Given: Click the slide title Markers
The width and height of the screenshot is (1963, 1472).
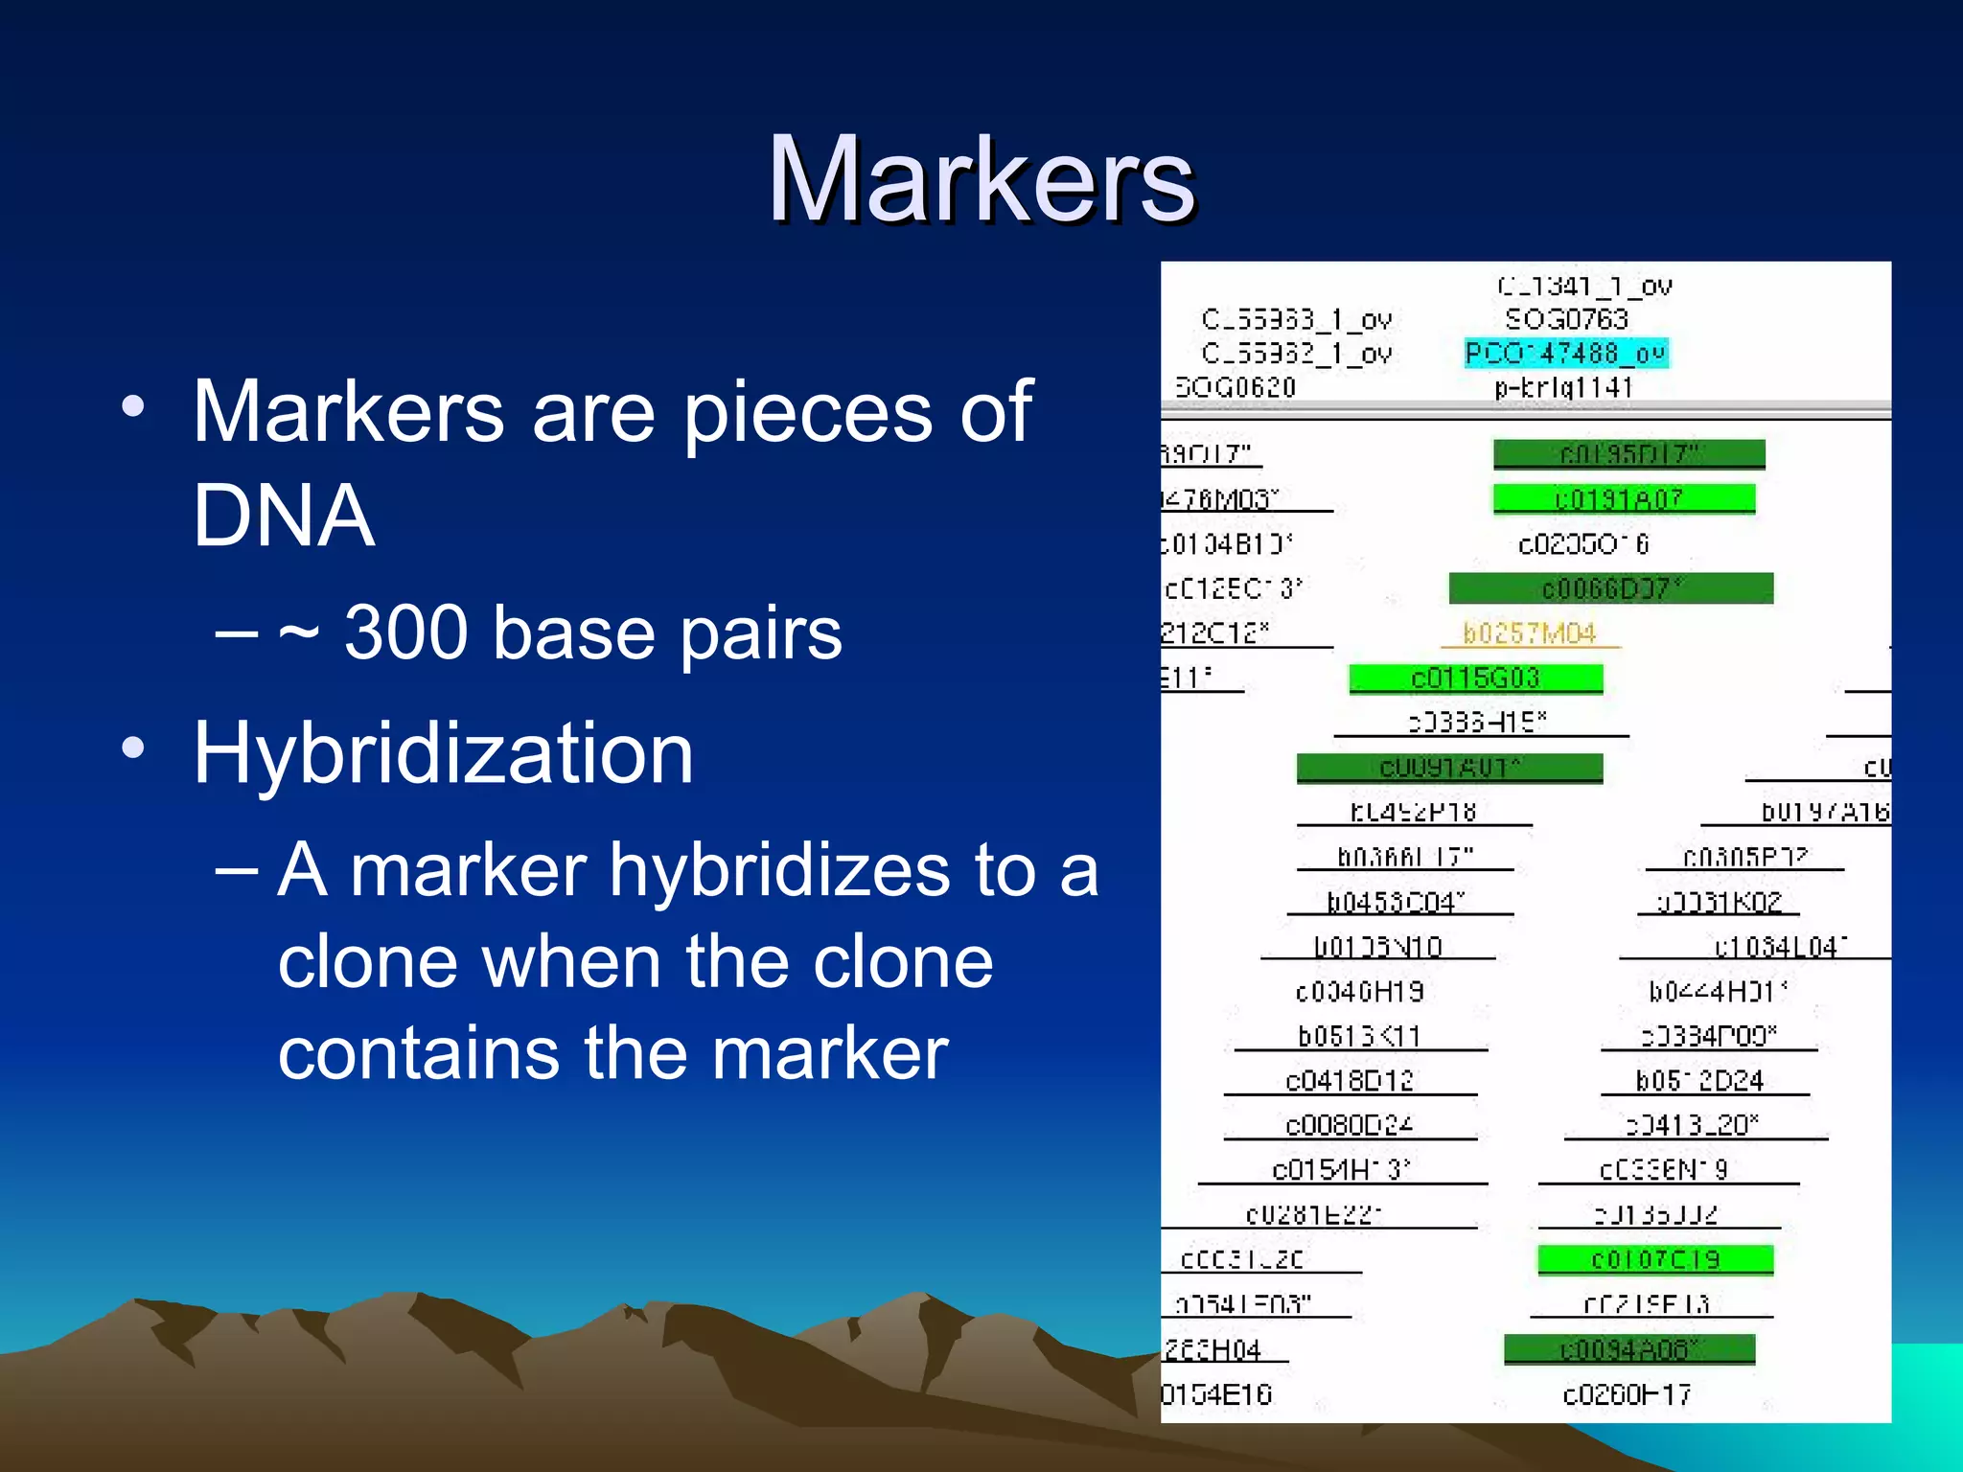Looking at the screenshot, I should point(981,180).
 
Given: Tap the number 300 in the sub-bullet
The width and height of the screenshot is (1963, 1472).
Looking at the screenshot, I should point(404,632).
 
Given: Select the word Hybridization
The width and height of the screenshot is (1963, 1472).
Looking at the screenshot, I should point(443,753).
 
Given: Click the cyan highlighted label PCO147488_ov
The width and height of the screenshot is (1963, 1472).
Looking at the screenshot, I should point(1566,354).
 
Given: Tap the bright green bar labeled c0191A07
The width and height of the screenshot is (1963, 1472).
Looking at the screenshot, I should point(1624,498).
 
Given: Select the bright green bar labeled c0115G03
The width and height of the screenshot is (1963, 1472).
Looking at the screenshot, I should point(1475,678).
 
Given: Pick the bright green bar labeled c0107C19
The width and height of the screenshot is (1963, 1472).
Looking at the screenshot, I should point(1655,1259).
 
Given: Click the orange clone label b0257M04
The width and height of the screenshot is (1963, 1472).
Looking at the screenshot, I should point(1530,633).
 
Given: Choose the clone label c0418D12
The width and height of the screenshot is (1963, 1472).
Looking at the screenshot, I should point(1350,1081).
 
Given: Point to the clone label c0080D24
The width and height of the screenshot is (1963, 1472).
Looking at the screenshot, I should point(1350,1125).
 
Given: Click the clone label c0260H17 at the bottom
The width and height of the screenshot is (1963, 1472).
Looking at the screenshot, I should point(1627,1394).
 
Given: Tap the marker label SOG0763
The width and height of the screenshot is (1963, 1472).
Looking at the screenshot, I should point(1566,319).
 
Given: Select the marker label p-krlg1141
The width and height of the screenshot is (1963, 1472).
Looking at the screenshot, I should point(1563,387).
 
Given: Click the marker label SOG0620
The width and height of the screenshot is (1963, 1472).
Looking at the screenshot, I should point(1236,387).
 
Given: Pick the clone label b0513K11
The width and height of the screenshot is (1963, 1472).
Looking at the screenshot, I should point(1359,1036).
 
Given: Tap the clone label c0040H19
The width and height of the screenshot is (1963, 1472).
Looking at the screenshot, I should point(1359,992).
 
